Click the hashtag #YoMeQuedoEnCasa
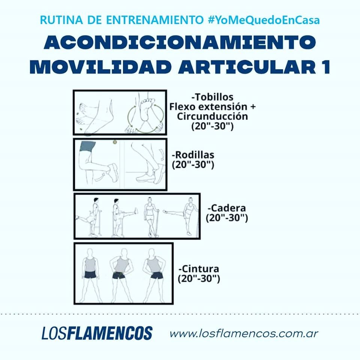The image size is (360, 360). point(264,20)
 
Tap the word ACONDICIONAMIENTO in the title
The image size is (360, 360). point(180,42)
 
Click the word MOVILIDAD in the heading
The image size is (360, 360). point(101,67)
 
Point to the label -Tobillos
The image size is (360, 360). point(212,97)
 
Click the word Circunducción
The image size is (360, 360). point(212,116)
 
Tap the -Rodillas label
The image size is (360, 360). point(193,155)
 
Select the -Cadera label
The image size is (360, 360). point(226,208)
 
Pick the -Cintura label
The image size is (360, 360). point(199,268)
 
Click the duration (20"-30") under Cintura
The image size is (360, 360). point(199,279)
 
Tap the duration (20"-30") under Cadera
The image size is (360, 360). point(226,217)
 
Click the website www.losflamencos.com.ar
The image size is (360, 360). point(244,334)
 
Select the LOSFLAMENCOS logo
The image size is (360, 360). point(97,333)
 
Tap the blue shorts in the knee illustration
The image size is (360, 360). point(87,147)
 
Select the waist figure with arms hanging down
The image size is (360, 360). point(90,275)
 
